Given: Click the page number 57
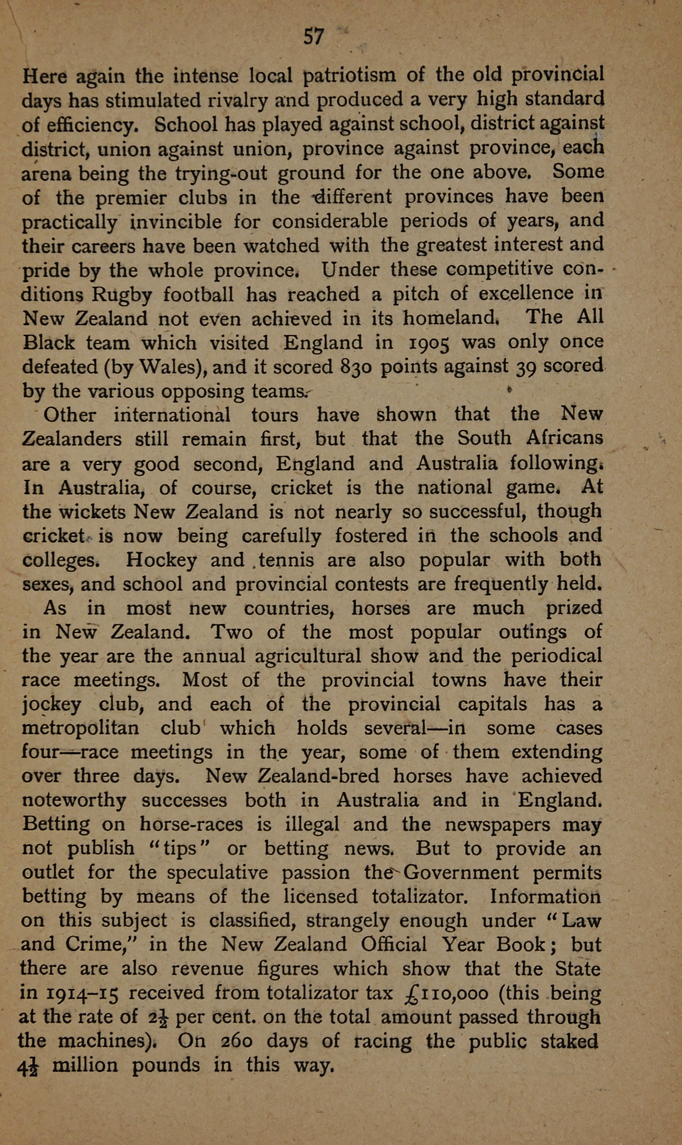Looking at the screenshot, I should coord(314,37).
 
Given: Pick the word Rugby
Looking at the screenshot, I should coord(122,294).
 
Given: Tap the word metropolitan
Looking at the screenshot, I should coord(80,729).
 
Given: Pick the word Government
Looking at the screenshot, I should coord(462,873).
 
